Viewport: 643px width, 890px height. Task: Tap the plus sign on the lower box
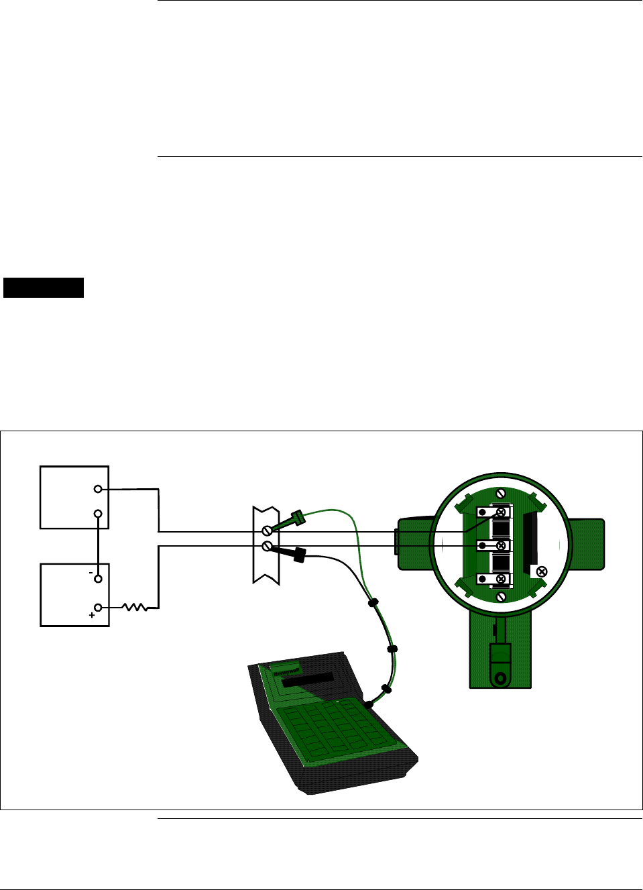click(92, 615)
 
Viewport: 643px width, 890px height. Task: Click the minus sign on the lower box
click(91, 573)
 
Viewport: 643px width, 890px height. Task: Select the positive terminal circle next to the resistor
click(98, 608)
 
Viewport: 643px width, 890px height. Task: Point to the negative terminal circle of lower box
click(98, 578)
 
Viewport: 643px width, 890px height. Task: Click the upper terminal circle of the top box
click(98, 490)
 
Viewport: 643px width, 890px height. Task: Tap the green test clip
click(296, 518)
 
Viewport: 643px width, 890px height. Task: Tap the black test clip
click(298, 555)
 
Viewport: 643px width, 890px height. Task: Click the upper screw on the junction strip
click(267, 531)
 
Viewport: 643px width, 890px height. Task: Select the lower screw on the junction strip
click(267, 547)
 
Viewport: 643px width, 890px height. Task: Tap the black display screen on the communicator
click(308, 679)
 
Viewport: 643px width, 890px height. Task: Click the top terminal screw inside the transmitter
click(500, 512)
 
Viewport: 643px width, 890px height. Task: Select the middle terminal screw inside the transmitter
click(500, 545)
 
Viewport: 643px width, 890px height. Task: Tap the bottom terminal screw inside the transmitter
click(500, 578)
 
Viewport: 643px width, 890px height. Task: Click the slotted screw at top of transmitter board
click(500, 494)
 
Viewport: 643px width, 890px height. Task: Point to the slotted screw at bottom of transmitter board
click(500, 596)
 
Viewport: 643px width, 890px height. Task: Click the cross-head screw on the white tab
click(542, 571)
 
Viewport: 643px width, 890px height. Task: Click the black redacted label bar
click(44, 287)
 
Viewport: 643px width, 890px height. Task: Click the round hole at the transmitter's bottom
click(500, 677)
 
